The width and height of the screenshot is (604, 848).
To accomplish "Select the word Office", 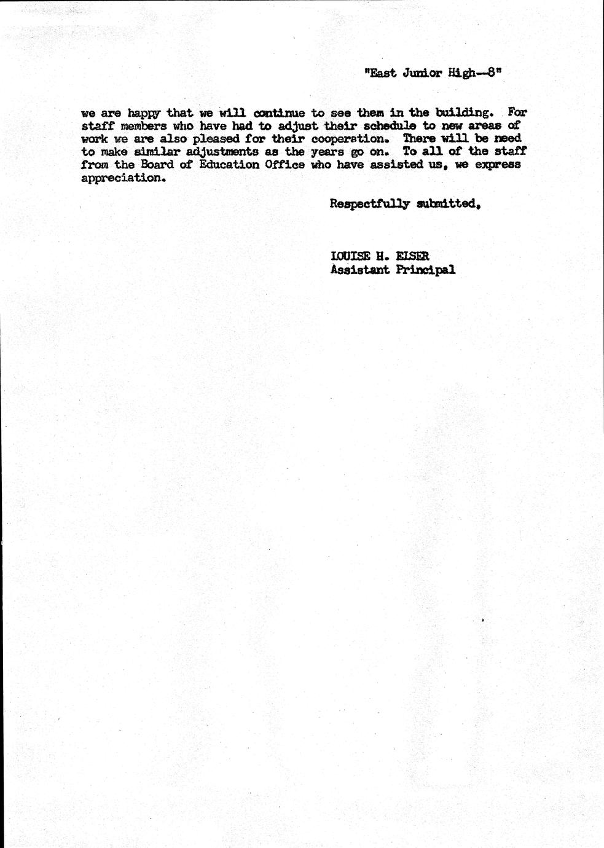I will (x=284, y=165).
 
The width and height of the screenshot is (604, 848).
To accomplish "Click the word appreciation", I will (x=123, y=178).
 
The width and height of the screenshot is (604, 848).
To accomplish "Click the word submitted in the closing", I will (x=447, y=204).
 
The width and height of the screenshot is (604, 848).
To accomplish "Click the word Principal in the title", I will (x=425, y=270).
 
